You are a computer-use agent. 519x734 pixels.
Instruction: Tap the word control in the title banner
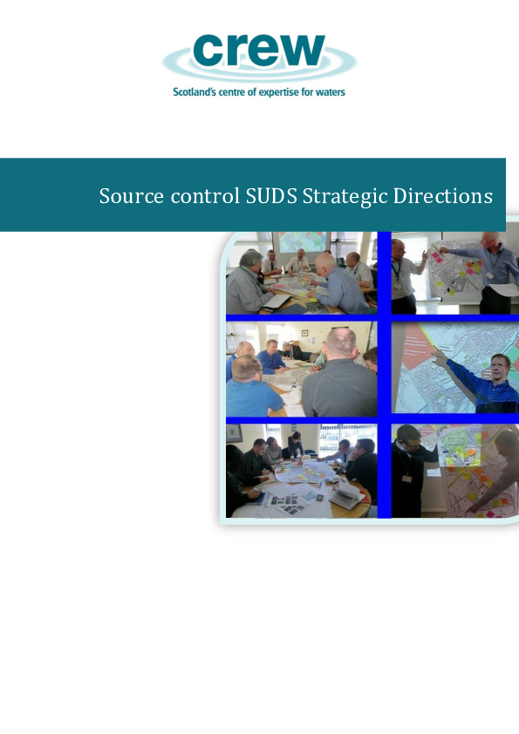pos(194,196)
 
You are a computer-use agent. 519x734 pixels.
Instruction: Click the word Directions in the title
pos(443,196)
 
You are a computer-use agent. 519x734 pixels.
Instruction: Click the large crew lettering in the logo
pos(259,51)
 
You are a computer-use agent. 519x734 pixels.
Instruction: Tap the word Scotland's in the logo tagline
pos(196,92)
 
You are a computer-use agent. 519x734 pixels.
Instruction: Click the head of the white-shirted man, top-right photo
pos(399,248)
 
